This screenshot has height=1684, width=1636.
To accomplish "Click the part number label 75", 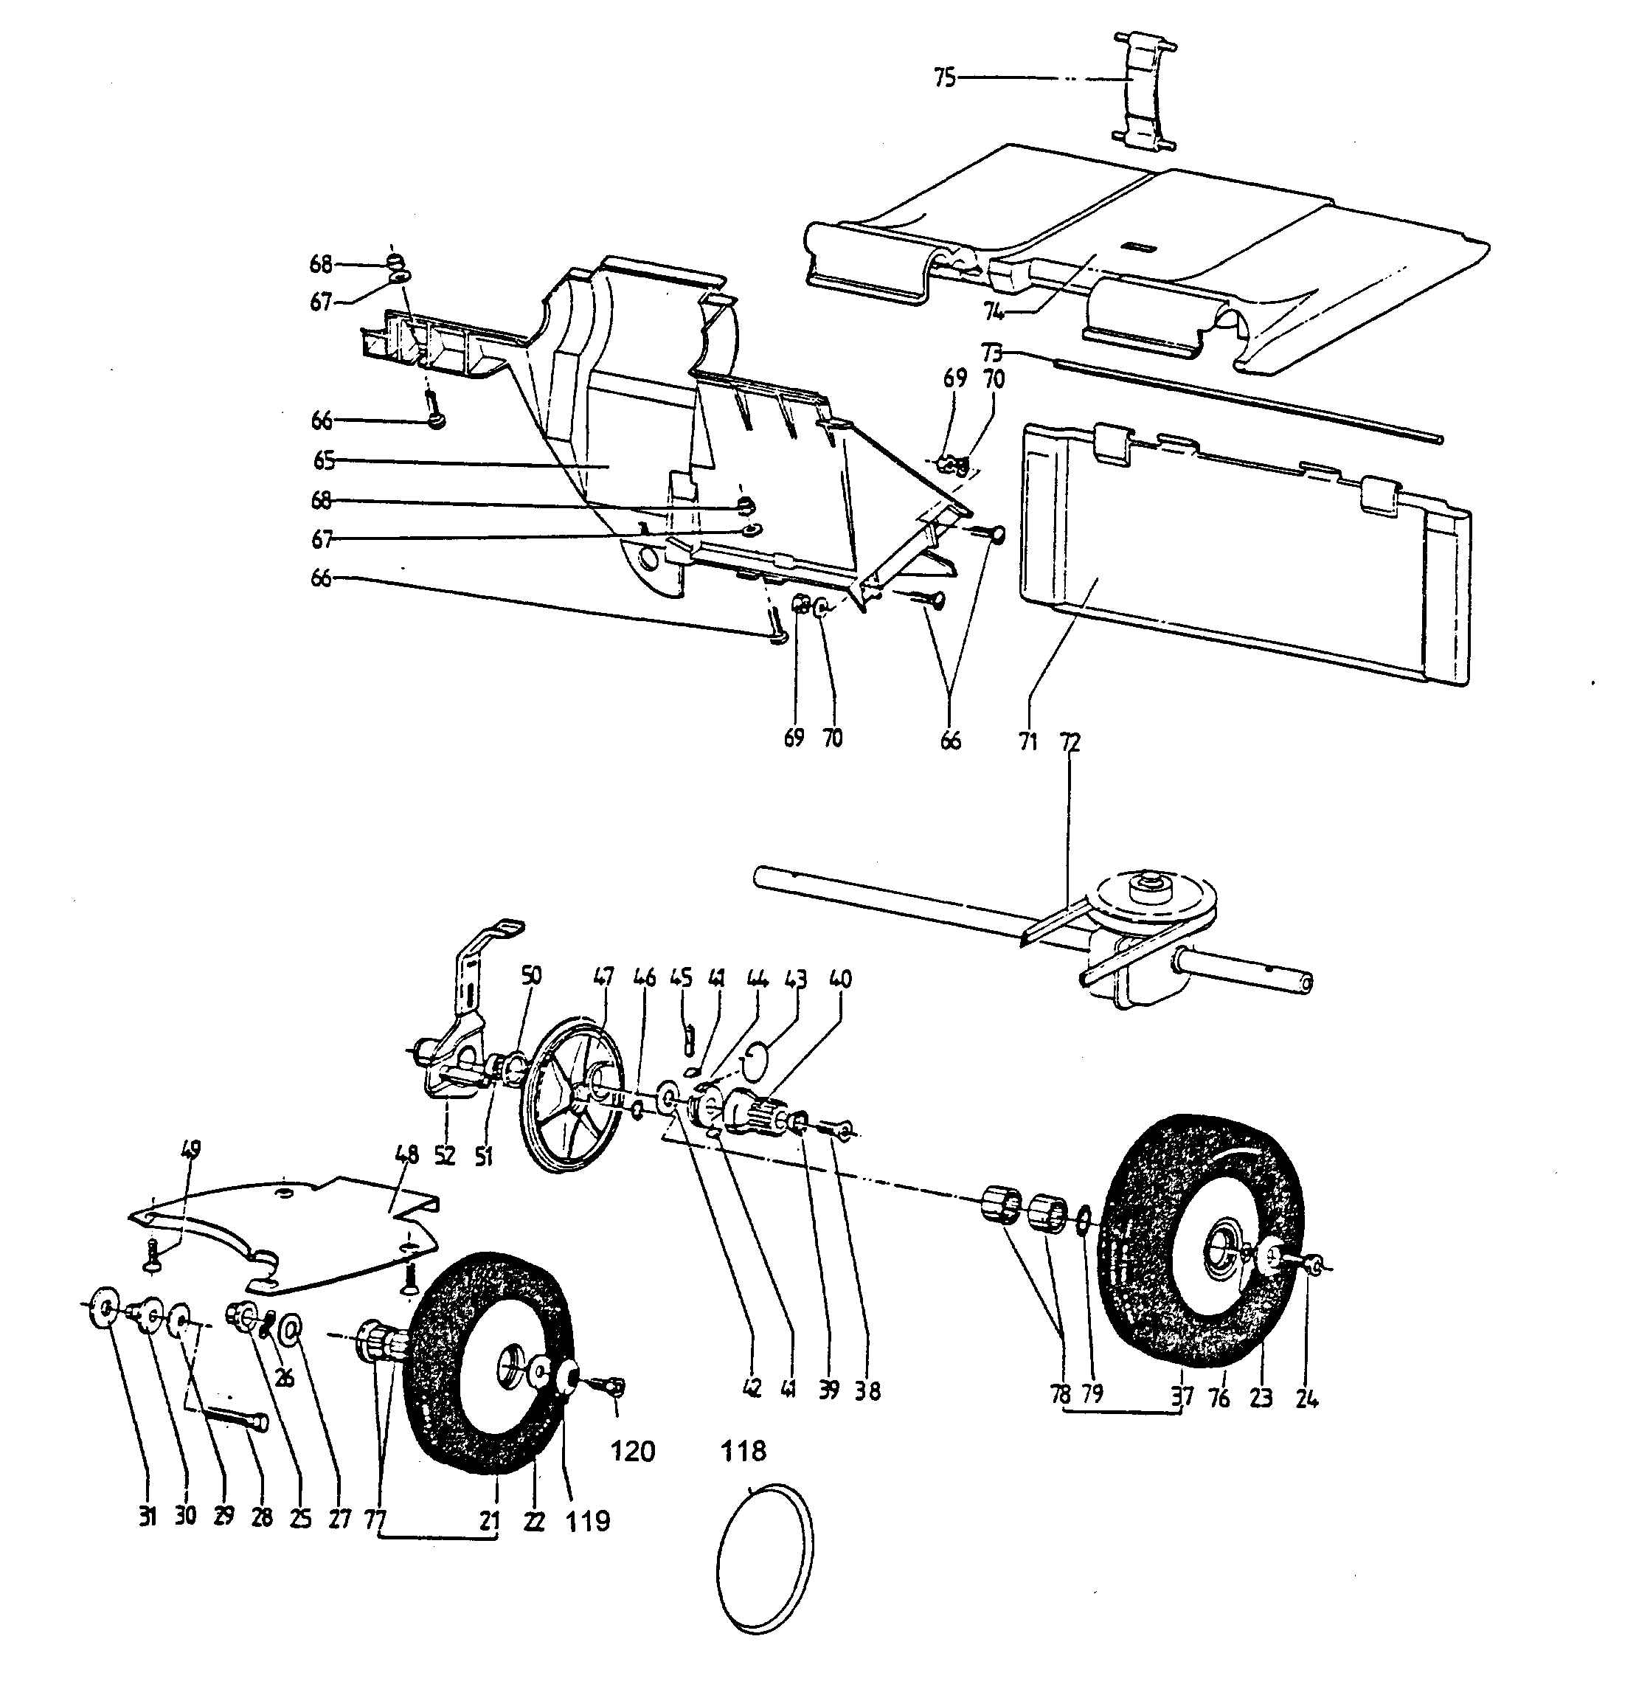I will pyautogui.click(x=944, y=78).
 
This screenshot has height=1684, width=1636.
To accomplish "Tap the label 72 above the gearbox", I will pyautogui.click(x=1070, y=741).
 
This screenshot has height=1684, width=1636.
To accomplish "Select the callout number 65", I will pyautogui.click(x=323, y=460).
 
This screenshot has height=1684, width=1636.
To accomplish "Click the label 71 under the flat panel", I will pyautogui.click(x=1028, y=741).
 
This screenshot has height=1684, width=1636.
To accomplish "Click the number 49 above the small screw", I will pyautogui.click(x=191, y=1148).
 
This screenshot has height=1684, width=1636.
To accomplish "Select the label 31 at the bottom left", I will pyautogui.click(x=147, y=1517).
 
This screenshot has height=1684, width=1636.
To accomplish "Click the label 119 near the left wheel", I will pyautogui.click(x=587, y=1521).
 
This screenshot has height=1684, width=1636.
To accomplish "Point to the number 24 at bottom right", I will pyautogui.click(x=1306, y=1399).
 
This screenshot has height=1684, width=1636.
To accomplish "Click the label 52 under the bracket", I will pyautogui.click(x=444, y=1157).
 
